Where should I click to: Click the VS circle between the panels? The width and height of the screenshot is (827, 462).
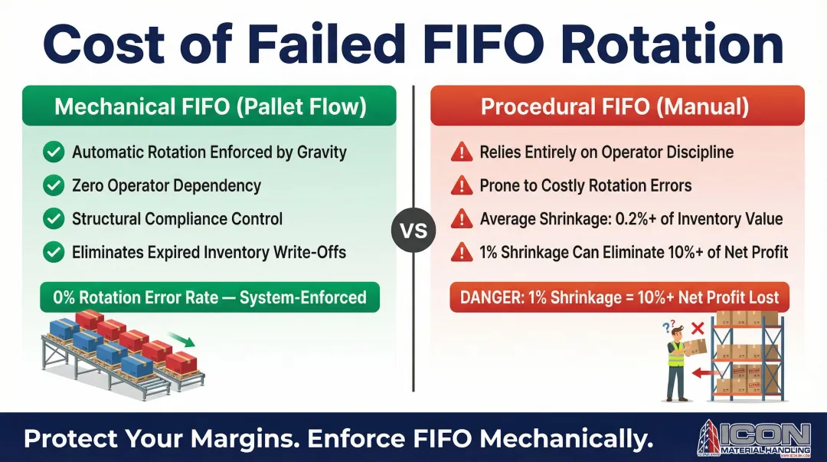pos(413,230)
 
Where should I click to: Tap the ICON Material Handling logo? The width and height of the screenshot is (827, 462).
pos(753,437)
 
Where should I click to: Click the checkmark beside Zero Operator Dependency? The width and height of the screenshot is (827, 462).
pos(54,185)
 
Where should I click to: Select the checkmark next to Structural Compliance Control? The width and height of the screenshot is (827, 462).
pos(54,218)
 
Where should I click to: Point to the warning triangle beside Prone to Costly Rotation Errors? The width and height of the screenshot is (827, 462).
pos(462,186)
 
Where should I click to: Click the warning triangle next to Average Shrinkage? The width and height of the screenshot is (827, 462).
pos(462,219)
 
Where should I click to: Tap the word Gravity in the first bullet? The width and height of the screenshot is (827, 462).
pos(322,152)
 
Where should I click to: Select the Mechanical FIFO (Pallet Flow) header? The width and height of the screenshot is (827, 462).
pos(209,106)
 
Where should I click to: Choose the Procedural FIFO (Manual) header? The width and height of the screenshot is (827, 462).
pos(617,106)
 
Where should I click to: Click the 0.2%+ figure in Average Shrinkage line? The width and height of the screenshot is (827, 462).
pos(636,219)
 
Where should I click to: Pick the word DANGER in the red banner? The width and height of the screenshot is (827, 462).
pos(492,297)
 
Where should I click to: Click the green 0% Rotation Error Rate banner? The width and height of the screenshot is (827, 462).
pos(210,297)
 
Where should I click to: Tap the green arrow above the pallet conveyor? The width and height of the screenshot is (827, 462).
pos(181,339)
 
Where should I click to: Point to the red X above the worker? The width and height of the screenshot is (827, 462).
pos(698,329)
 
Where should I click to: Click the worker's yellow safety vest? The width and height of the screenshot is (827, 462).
pos(675,354)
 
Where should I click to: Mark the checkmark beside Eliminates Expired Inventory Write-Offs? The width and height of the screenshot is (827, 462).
pos(54,252)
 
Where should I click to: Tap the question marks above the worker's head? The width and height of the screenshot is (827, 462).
pos(668,327)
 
